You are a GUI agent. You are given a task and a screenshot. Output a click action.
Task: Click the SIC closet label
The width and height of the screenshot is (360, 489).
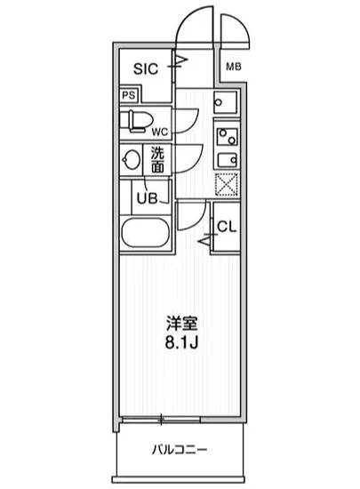[148, 68]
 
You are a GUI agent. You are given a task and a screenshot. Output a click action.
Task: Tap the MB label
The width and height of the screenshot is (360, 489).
[232, 67]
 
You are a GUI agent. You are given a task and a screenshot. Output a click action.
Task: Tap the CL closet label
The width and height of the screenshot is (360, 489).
[227, 226]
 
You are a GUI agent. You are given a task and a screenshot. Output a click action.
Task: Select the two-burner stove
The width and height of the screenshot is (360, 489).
[225, 135]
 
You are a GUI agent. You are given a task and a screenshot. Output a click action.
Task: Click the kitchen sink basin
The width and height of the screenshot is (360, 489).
[225, 157]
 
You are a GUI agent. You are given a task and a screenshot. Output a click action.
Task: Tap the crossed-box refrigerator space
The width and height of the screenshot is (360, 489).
[225, 184]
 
